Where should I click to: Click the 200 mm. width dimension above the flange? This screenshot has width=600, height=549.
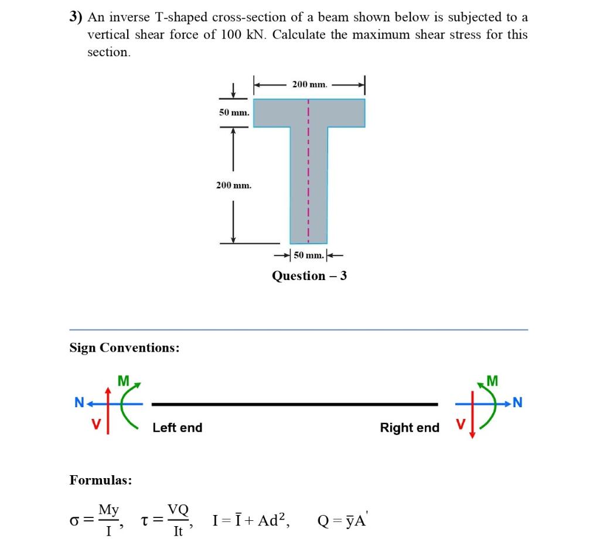pyautogui.click(x=309, y=84)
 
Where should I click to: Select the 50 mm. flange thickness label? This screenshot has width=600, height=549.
pyautogui.click(x=234, y=111)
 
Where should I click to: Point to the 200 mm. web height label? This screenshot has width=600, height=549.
pyautogui.click(x=233, y=185)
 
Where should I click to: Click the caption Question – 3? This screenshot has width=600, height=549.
pyautogui.click(x=309, y=275)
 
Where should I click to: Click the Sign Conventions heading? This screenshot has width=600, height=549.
pyautogui.click(x=124, y=347)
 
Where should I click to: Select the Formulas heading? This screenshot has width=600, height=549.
pyautogui.click(x=100, y=480)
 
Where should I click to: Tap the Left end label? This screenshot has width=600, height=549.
pyautogui.click(x=177, y=428)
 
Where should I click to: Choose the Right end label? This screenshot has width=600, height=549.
pyautogui.click(x=410, y=428)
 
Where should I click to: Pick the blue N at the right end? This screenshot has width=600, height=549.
pyautogui.click(x=517, y=403)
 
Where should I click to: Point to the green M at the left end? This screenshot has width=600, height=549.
pyautogui.click(x=123, y=381)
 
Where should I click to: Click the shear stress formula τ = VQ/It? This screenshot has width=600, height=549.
pyautogui.click(x=167, y=519)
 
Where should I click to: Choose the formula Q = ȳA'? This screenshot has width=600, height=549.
pyautogui.click(x=342, y=520)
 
